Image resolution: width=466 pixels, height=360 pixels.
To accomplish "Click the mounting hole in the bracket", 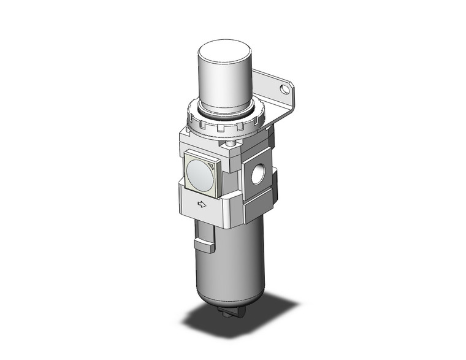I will (x=283, y=90).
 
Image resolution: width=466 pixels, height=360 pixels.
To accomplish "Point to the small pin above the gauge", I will (x=230, y=145).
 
